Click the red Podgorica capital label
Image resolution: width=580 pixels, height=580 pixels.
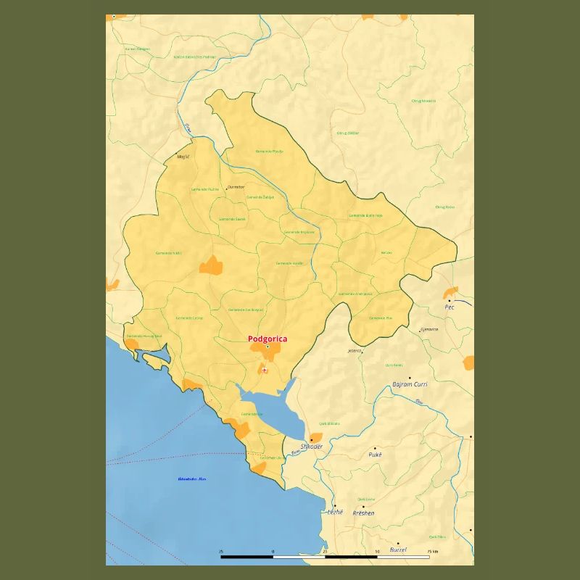click(x=268, y=339)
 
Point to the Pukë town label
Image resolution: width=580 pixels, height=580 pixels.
click(x=375, y=455)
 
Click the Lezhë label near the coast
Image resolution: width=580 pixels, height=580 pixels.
click(x=334, y=513)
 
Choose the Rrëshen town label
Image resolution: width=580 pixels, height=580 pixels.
click(x=363, y=513)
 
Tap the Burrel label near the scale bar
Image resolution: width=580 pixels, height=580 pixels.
click(x=398, y=550)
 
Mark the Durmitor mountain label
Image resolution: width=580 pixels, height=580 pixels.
click(x=236, y=187)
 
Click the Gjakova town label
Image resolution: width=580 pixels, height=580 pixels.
click(x=429, y=329)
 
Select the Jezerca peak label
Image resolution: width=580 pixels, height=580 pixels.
click(x=355, y=350)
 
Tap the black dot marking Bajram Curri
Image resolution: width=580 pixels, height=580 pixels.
click(x=410, y=378)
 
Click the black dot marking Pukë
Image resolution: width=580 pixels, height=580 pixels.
click(x=375, y=448)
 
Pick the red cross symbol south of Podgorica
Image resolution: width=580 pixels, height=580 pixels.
click(x=265, y=370)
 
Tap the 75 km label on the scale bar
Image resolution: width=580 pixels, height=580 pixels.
click(x=433, y=552)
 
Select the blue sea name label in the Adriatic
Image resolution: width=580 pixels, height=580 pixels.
click(x=192, y=479)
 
